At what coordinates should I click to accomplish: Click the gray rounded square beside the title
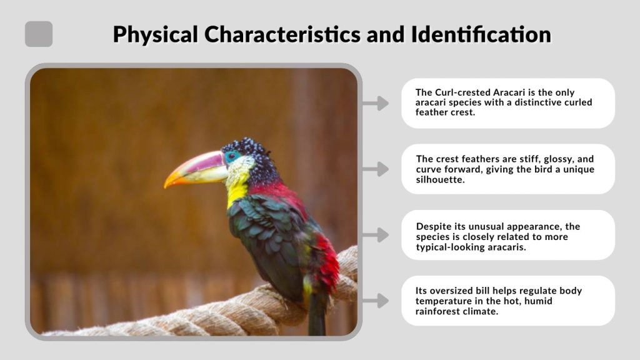[39, 34]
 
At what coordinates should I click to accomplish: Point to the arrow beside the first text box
[376, 103]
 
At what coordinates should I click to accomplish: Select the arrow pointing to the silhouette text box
[376, 169]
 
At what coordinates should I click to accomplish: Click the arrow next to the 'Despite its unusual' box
[376, 235]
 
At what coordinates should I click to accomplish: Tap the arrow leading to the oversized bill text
[376, 301]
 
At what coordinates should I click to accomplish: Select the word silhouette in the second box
[440, 179]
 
